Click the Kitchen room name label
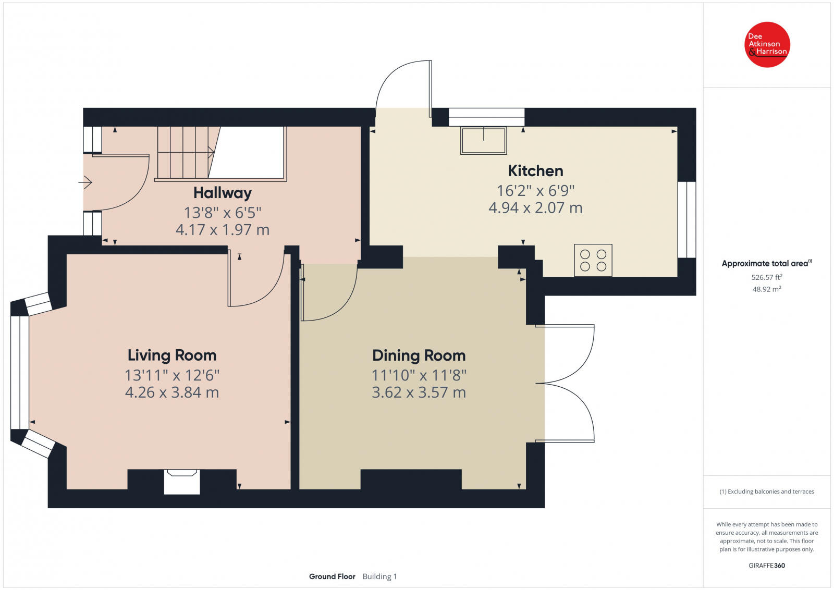[535, 171]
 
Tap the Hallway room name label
[222, 193]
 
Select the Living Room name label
[172, 355]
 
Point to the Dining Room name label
[419, 355]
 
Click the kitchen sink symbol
[484, 140]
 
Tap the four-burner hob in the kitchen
[593, 260]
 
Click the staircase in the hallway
[221, 154]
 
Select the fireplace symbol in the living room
[182, 482]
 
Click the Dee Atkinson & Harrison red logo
[767, 45]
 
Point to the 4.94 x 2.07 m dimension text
[535, 208]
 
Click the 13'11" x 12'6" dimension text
[172, 375]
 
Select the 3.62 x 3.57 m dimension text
[419, 392]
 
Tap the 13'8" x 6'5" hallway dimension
[223, 213]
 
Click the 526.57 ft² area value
[767, 277]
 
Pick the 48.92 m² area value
[767, 289]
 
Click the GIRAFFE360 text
[767, 566]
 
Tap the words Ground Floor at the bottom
[332, 576]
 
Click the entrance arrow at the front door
[85, 182]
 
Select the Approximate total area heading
[767, 263]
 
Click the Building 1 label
[380, 576]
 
